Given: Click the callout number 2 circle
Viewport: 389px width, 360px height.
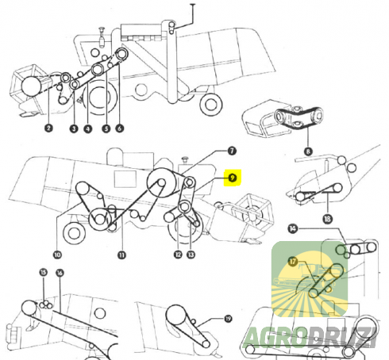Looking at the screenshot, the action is (48, 128).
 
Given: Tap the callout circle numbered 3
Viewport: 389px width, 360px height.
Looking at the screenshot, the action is (74, 128).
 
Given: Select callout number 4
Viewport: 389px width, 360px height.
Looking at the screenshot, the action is (88, 129).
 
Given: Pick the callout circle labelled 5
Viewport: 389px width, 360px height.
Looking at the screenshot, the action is (106, 128).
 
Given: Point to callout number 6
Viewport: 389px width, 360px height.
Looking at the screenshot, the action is (120, 128).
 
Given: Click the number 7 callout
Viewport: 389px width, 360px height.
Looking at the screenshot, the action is (232, 151).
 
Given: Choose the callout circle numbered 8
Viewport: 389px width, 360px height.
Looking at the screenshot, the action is (308, 151).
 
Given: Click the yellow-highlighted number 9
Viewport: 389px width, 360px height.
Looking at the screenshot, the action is (233, 178).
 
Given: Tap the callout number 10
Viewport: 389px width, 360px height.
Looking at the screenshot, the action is (57, 255).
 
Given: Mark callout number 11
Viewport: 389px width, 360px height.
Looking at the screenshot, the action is (121, 255).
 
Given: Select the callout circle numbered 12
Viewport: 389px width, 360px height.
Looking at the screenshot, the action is (178, 255).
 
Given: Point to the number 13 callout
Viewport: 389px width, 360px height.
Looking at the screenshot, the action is (191, 255).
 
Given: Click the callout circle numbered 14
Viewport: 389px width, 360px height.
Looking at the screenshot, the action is (292, 228).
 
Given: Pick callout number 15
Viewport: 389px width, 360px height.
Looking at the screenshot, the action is (44, 272).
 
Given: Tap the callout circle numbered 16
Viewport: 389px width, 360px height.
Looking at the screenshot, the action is (60, 273).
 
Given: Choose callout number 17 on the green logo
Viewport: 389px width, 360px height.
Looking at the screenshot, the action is (293, 262).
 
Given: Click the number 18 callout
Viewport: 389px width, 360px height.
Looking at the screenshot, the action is (327, 219).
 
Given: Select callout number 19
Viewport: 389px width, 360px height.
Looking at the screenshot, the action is (228, 319).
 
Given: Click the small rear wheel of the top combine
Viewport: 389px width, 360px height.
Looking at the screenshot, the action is (211, 105).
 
